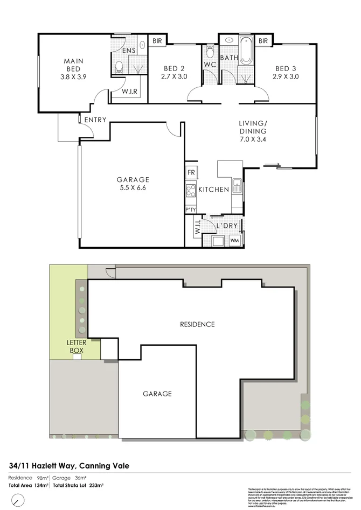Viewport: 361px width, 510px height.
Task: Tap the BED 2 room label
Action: pyautogui.click(x=173, y=68)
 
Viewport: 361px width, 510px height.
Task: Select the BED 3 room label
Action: pyautogui.click(x=286, y=68)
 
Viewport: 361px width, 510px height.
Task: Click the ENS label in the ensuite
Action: pyautogui.click(x=128, y=51)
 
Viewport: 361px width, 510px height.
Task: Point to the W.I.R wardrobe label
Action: pyautogui.click(x=129, y=92)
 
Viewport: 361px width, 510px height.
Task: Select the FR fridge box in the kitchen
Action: pyautogui.click(x=191, y=172)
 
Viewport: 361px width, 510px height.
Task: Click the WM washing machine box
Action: pyautogui.click(x=234, y=240)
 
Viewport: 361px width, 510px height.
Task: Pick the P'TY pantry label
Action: pyautogui.click(x=190, y=209)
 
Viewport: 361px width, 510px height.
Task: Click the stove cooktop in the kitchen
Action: pyautogui.click(x=191, y=190)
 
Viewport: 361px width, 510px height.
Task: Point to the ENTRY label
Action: pyautogui.click(x=95, y=120)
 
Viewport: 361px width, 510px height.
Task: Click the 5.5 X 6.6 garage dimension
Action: pyautogui.click(x=133, y=188)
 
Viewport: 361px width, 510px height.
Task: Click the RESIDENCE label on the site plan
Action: pyautogui.click(x=197, y=324)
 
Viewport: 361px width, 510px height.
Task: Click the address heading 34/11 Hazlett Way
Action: pyautogui.click(x=69, y=466)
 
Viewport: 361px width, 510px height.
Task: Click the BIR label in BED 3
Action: pyautogui.click(x=263, y=40)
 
